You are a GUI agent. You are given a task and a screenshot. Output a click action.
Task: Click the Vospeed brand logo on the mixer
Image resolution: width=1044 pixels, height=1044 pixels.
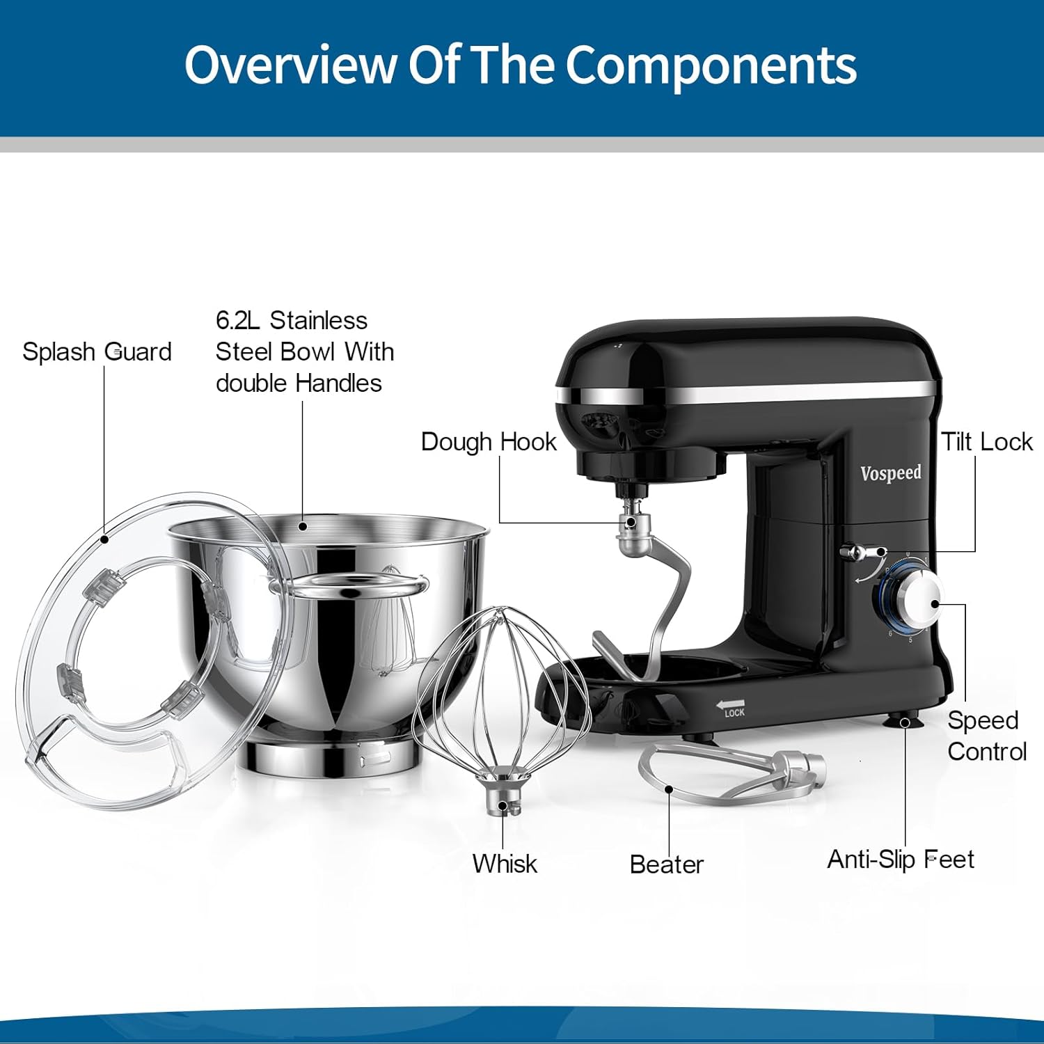click(x=890, y=473)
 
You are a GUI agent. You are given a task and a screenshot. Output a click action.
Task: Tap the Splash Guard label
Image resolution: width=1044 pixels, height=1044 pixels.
click(x=97, y=351)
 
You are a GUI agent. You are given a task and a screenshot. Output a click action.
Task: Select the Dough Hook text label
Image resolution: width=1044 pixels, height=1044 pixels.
click(x=489, y=442)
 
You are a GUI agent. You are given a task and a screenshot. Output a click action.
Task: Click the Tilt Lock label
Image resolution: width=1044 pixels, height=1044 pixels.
click(x=986, y=442)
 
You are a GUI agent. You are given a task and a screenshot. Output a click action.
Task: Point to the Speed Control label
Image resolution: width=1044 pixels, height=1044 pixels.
click(x=986, y=736)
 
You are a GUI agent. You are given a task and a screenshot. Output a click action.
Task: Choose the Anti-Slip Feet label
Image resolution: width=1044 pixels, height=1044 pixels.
click(x=900, y=860)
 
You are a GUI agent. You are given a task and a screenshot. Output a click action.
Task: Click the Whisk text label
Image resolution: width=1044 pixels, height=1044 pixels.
click(x=505, y=864)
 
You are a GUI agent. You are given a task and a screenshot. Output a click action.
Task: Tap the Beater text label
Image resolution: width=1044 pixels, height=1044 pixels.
click(x=666, y=864)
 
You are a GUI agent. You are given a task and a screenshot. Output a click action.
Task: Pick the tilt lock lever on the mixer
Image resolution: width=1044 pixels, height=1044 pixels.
click(x=860, y=553)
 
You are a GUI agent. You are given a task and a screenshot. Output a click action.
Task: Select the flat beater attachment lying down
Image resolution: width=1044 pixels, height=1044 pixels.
click(x=731, y=773)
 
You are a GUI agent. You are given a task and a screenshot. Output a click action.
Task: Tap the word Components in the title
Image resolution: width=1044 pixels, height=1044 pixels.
click(x=710, y=65)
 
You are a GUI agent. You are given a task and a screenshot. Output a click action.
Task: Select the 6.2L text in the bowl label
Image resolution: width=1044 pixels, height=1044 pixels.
click(x=237, y=320)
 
